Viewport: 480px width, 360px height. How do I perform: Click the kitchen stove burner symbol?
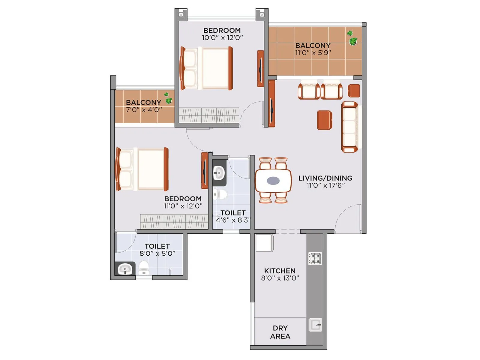[x=315, y=258]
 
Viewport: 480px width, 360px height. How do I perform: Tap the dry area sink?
[x=315, y=325]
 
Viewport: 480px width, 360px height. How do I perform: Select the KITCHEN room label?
[x=280, y=271]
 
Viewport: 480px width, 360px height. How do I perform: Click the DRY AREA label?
[x=280, y=332]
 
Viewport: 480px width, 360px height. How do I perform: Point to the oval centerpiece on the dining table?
[x=273, y=180]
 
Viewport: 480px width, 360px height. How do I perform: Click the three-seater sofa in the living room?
[x=350, y=127]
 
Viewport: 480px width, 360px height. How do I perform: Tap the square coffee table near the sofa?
[x=324, y=120]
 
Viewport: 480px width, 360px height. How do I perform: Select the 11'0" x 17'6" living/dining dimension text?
[x=325, y=185]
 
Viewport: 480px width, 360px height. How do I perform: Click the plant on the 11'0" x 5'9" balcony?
[x=352, y=38]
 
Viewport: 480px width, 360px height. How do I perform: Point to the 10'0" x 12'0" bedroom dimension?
[x=222, y=37]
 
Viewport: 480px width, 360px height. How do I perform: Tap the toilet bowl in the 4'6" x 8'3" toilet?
[x=220, y=194]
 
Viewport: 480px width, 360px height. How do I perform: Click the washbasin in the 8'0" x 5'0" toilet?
[x=125, y=269]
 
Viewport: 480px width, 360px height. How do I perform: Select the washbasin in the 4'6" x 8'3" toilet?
[x=219, y=173]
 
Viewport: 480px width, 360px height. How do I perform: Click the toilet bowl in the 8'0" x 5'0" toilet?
[x=144, y=268]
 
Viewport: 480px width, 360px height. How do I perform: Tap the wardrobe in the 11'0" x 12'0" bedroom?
[x=174, y=221]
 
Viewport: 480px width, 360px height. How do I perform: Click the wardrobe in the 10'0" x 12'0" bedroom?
[x=209, y=115]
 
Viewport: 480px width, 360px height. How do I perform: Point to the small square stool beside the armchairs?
[x=354, y=91]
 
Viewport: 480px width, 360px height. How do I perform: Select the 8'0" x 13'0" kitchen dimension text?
[x=280, y=278]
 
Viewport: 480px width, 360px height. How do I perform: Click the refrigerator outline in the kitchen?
[x=264, y=243]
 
